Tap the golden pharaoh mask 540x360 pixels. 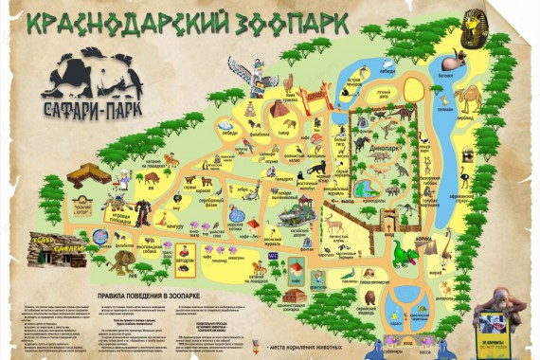coord(473,27)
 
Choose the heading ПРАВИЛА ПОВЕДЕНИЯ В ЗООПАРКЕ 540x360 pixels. coord(143,295)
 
